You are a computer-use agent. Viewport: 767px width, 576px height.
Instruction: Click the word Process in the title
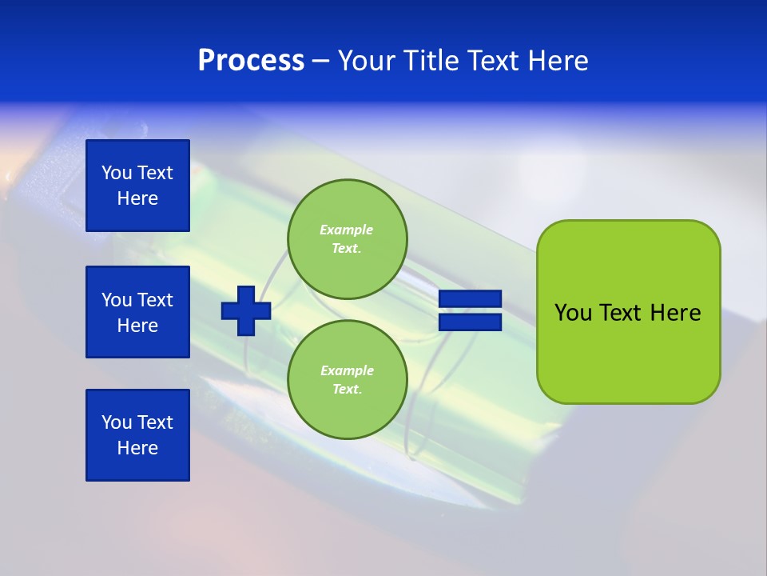251,61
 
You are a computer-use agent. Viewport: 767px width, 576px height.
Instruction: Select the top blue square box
137,186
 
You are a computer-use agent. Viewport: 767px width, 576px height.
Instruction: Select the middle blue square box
137,312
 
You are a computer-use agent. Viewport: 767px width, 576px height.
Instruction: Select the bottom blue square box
137,435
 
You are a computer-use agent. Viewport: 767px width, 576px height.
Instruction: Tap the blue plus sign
246,311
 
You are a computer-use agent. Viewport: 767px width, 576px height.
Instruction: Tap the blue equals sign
470,310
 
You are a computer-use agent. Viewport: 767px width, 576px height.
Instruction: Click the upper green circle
347,238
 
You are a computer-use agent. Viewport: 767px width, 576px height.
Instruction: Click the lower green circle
347,379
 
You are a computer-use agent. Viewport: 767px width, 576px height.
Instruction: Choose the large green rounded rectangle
628,311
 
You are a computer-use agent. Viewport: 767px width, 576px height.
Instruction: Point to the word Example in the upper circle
346,230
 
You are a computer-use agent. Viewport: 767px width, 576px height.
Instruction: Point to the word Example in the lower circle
346,370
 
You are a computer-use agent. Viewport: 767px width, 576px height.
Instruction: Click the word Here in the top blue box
137,198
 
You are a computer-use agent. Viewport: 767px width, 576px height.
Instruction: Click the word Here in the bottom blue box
137,448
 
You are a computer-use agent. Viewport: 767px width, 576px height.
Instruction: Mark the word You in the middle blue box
117,300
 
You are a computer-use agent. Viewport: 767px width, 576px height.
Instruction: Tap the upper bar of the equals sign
470,299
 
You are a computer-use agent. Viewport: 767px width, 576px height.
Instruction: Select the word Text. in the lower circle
346,390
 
